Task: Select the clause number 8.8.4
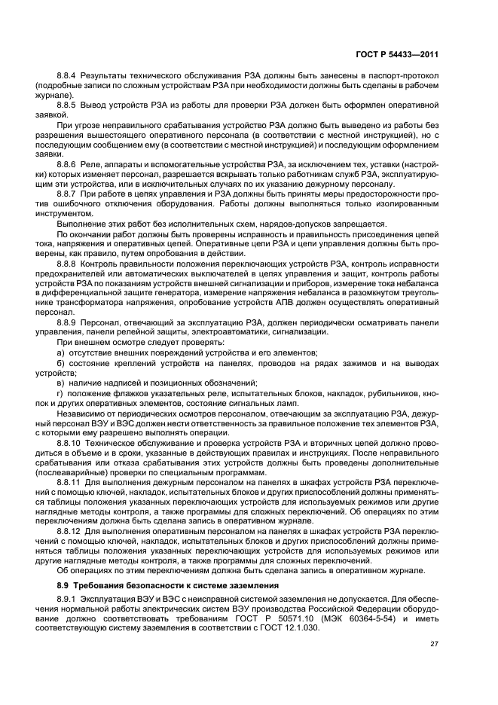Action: (x=69, y=78)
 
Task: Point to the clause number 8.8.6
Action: (x=69, y=163)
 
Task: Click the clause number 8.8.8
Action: (x=69, y=263)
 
